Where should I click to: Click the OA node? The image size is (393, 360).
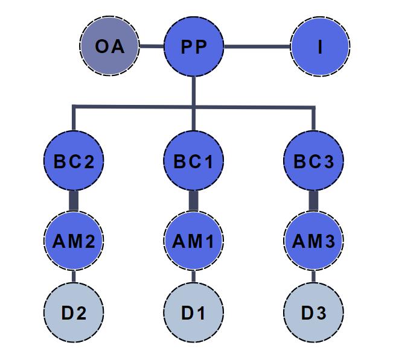tap(109, 46)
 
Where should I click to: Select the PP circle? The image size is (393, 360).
tap(194, 46)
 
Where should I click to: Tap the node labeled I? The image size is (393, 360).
tap(320, 46)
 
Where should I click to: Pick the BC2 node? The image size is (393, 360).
tap(74, 161)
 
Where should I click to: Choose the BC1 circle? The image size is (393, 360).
tap(194, 161)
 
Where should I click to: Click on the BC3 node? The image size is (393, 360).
tap(313, 161)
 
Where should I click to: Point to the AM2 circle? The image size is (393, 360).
tap(74, 241)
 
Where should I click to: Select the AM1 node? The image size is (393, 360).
tap(194, 241)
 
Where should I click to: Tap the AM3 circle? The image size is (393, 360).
tap(313, 241)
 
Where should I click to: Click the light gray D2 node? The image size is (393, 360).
tap(74, 314)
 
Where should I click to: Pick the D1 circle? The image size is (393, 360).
tap(194, 314)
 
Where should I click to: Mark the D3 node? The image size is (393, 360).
tap(313, 314)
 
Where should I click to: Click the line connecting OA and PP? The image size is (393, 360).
tap(152, 46)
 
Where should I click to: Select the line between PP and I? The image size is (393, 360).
tap(257, 46)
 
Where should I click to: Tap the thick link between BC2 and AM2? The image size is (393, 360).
tap(74, 201)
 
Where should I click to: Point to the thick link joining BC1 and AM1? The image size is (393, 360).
tap(194, 201)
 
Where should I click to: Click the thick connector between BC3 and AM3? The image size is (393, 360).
tap(313, 201)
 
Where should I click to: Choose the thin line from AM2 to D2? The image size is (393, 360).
tap(74, 277)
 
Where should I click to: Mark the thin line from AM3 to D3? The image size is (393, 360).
tap(313, 277)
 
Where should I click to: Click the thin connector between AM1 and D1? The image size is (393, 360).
tap(194, 277)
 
